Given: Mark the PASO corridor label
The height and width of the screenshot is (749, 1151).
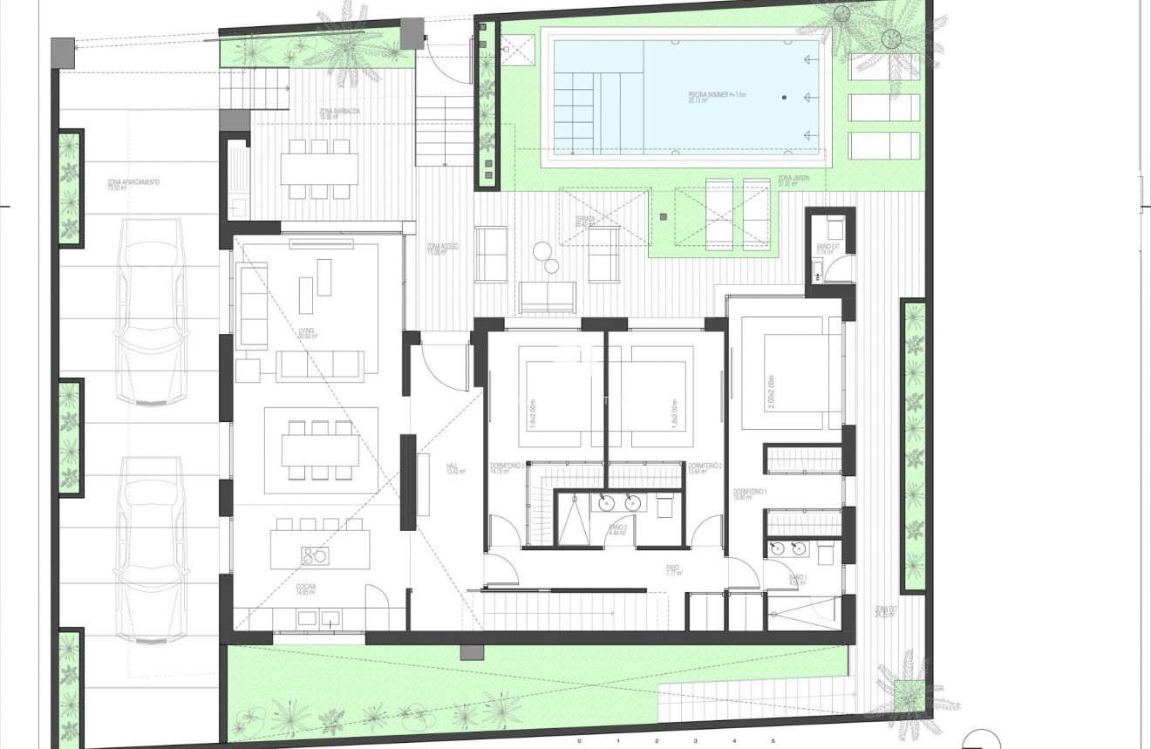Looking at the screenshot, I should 672,570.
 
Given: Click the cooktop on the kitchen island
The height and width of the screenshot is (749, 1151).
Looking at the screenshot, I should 313,555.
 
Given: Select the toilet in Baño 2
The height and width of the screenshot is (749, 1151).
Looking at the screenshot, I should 664,505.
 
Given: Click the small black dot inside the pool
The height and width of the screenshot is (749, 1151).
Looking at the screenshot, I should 784,98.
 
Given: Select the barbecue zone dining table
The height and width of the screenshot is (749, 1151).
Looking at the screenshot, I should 319,167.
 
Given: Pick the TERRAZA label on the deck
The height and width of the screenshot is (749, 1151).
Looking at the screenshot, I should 585,221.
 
